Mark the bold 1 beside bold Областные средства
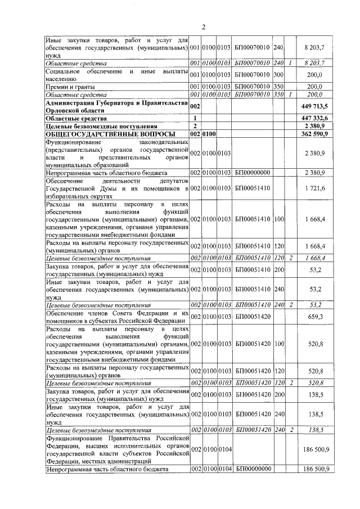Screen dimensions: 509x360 195,118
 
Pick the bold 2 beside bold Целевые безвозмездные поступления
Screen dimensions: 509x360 195,126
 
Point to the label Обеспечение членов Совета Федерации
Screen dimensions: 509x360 116,313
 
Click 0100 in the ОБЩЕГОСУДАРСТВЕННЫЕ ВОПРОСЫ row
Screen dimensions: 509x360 210,134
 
